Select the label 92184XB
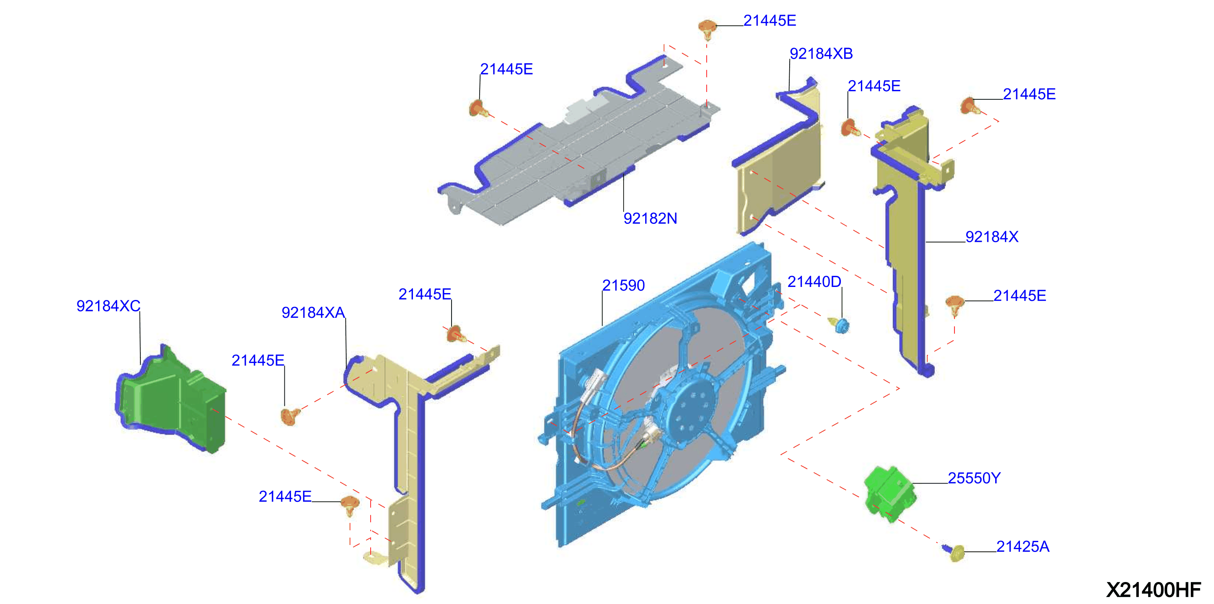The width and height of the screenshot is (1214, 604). click(x=821, y=54)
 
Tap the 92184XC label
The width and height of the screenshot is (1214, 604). click(x=108, y=306)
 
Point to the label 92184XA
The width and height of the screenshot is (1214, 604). click(x=313, y=313)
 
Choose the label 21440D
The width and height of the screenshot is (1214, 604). click(x=814, y=282)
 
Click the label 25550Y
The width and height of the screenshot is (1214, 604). click(x=974, y=478)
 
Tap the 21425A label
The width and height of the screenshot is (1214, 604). click(x=1023, y=547)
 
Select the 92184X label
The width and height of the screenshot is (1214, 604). click(x=991, y=237)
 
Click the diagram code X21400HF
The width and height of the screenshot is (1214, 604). click(x=1153, y=590)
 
